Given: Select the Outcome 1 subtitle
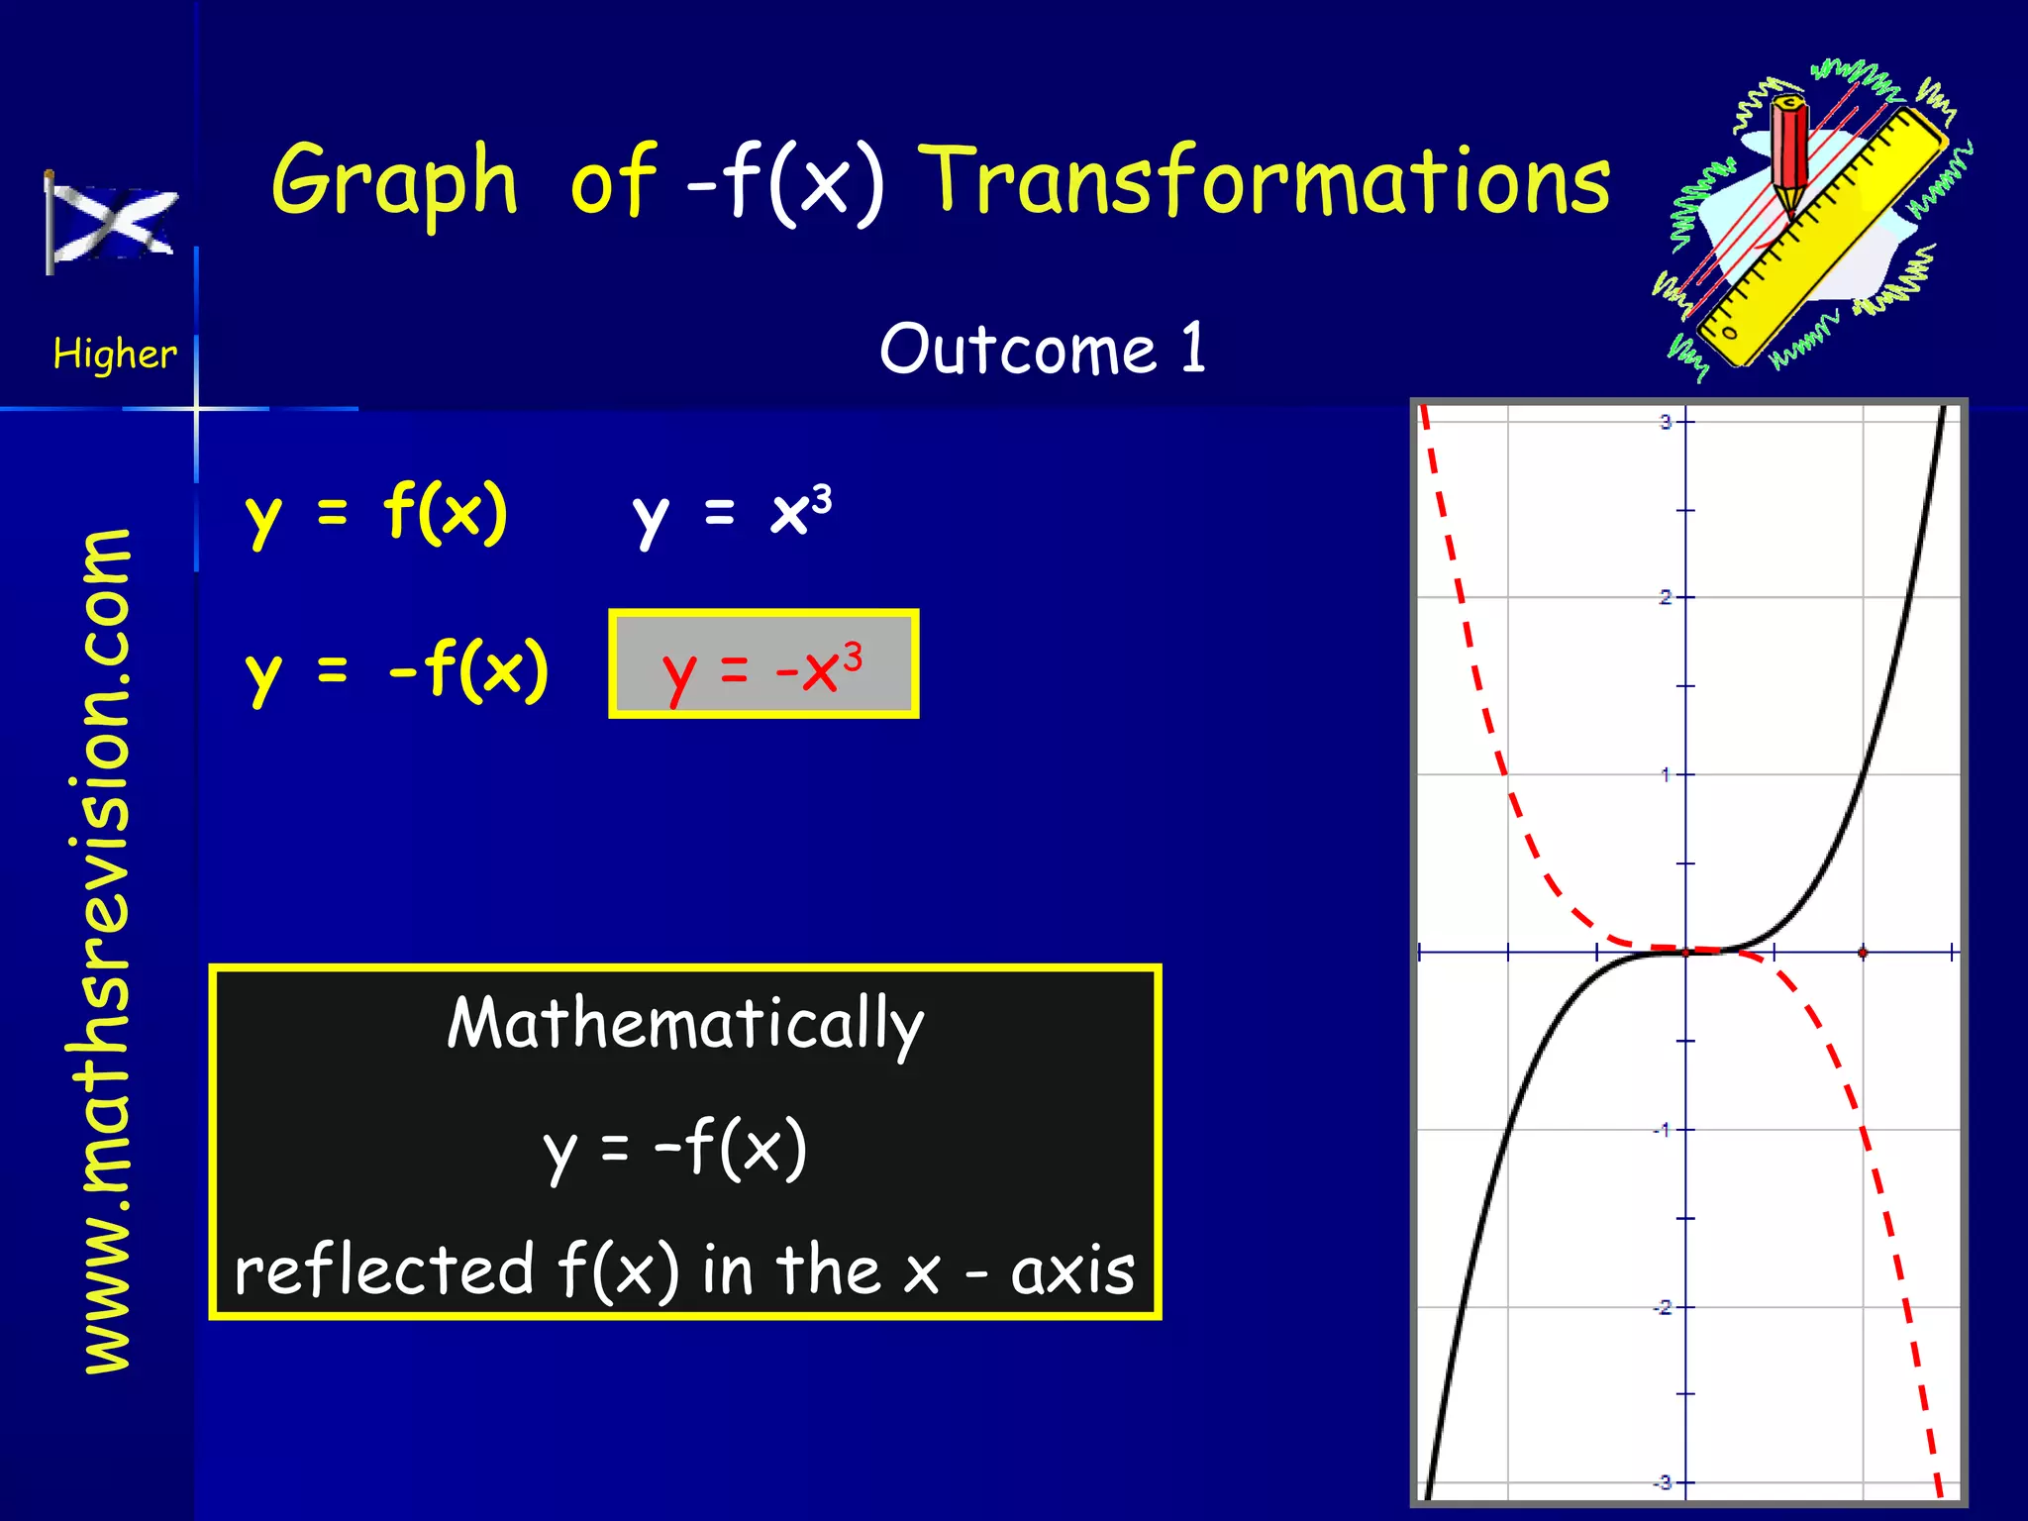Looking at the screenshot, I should coord(1042,349).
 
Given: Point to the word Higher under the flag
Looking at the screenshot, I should coord(115,354).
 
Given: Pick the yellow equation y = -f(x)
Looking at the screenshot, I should coord(396,670).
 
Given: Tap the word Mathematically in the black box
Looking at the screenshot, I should coord(685,1025).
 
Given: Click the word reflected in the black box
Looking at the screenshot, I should coord(384,1270).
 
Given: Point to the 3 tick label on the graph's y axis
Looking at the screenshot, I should coord(1665,422).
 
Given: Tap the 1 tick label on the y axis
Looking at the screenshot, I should coord(1666,774).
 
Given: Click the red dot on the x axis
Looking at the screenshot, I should coord(1863,953).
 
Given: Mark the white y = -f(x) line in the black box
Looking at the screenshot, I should coord(675,1149).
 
